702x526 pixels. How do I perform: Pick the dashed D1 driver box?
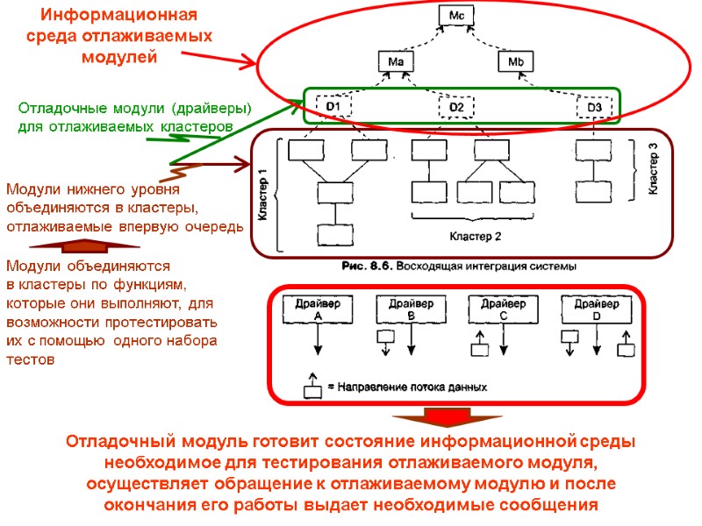tap(333, 108)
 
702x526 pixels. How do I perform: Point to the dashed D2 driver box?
tap(455, 108)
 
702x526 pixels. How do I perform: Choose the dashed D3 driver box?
tap(594, 108)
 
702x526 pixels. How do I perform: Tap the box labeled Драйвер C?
tap(503, 309)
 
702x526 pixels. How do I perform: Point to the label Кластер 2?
tap(475, 237)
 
